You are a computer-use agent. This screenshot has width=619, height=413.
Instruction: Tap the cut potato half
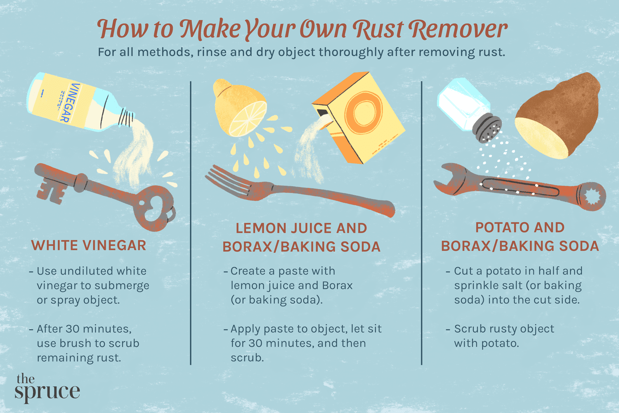point(557,118)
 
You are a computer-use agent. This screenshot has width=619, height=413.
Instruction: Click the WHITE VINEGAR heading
point(89,245)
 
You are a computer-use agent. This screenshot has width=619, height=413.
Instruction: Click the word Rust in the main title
point(378,30)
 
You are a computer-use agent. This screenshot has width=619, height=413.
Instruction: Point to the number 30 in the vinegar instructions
point(73,329)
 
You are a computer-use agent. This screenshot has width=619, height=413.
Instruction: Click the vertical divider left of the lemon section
point(191,223)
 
